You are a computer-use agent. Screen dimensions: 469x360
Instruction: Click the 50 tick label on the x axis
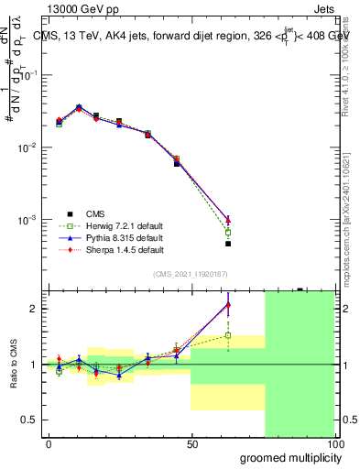[192, 443]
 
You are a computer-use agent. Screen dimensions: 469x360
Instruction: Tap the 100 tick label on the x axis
[334, 443]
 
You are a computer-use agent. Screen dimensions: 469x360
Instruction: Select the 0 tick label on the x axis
[49, 443]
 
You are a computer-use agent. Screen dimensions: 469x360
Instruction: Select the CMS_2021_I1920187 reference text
[190, 274]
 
